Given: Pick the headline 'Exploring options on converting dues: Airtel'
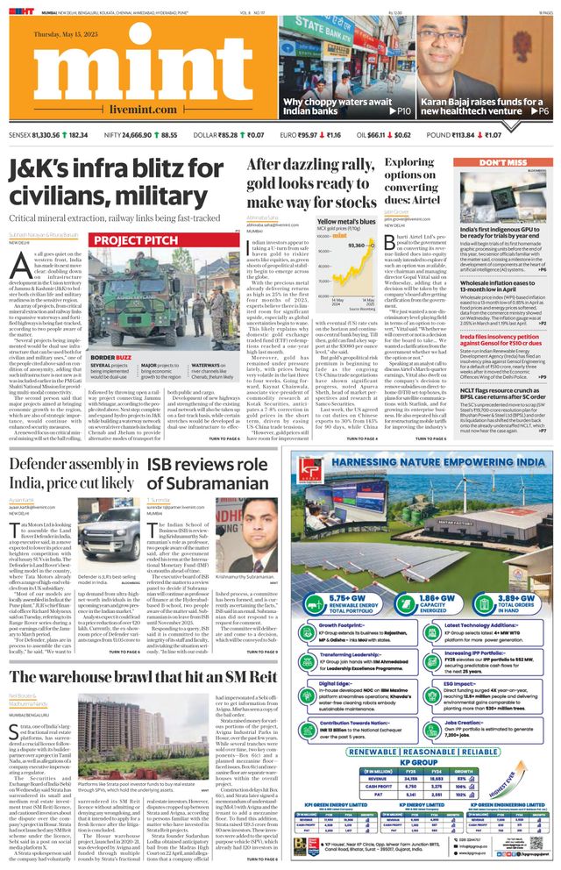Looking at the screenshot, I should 423,181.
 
